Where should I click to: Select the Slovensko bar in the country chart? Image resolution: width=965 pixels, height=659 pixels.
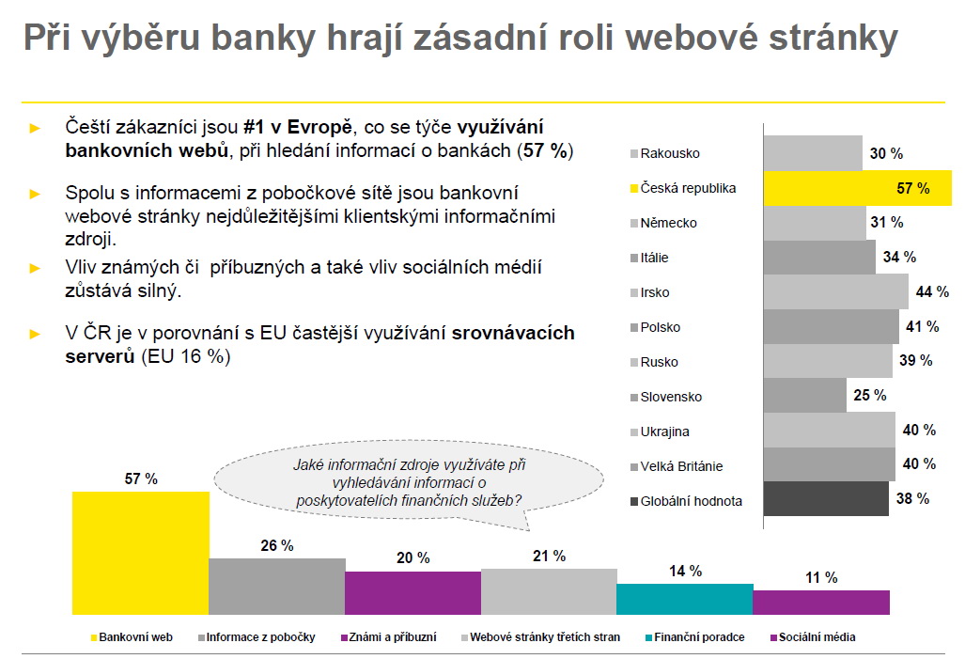tap(804, 396)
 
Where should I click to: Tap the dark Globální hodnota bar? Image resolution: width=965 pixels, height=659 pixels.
tap(825, 499)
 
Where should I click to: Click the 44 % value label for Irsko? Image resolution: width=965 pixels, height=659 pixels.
tap(931, 291)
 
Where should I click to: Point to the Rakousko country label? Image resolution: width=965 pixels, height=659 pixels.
tap(670, 153)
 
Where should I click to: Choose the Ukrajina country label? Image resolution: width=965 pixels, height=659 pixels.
tap(665, 431)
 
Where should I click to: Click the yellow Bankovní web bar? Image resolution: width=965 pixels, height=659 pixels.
tap(140, 551)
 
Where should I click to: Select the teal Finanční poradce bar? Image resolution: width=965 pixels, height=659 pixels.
tap(684, 599)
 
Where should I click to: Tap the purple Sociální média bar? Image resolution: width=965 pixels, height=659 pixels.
tap(820, 602)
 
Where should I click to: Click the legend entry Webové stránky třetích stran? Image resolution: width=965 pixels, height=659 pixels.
tap(545, 637)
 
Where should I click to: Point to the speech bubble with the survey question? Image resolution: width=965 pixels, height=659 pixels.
tap(408, 481)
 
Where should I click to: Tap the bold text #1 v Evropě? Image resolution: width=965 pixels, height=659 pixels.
tap(296, 127)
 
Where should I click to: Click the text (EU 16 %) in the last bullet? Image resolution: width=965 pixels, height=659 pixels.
tap(186, 356)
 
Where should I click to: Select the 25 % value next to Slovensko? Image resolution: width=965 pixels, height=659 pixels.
tap(869, 395)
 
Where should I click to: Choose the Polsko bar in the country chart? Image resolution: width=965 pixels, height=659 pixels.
tap(831, 326)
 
